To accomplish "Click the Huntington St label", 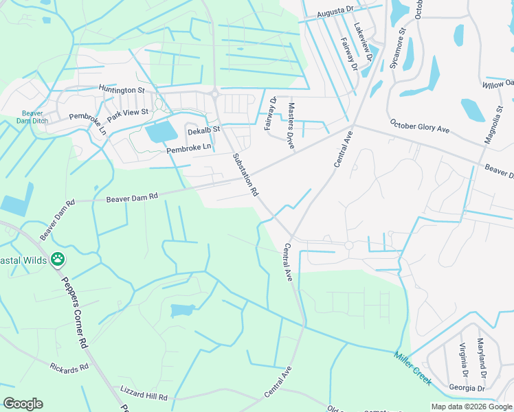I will [x=122, y=89].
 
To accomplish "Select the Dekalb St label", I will [x=203, y=129].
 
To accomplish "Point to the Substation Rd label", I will [x=245, y=174].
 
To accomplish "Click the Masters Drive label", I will [x=291, y=122].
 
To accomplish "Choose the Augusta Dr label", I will [x=335, y=14].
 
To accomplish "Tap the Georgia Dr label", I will [x=467, y=388].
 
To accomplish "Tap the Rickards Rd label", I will [x=69, y=367].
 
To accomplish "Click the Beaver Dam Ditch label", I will [x=32, y=117].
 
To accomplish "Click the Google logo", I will [x=23, y=404].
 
